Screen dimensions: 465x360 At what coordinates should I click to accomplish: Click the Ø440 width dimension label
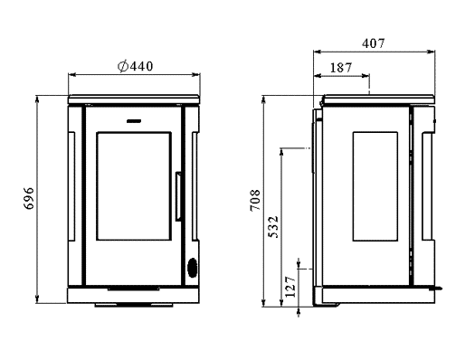click(x=135, y=66)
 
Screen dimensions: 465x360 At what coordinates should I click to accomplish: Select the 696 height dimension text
click(x=29, y=198)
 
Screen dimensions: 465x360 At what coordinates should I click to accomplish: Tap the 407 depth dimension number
click(x=374, y=43)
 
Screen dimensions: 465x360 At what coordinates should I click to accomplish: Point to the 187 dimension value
click(x=341, y=68)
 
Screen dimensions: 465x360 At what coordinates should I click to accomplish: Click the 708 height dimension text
click(x=255, y=200)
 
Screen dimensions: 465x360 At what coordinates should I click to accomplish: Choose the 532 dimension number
click(x=273, y=227)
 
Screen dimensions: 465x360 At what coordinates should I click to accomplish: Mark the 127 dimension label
click(x=290, y=287)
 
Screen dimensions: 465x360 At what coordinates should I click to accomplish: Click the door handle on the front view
click(x=178, y=196)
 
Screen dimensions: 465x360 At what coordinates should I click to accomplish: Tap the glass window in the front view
click(x=134, y=186)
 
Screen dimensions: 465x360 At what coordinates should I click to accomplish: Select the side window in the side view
click(x=375, y=186)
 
